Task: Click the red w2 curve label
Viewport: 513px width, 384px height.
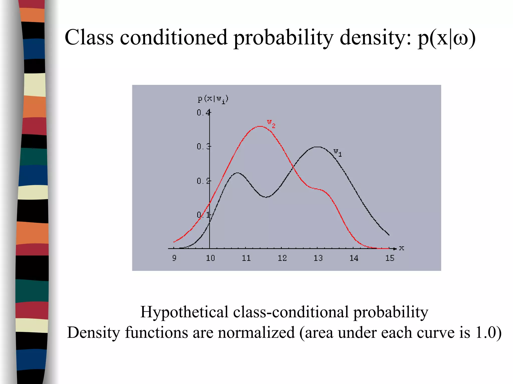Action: (x=271, y=123)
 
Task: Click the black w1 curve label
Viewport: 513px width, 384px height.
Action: (x=337, y=152)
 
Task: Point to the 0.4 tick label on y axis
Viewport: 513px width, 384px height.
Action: (x=203, y=113)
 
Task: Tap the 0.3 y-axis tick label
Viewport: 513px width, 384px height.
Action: (x=203, y=146)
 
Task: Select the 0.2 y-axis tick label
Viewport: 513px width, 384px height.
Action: (x=203, y=181)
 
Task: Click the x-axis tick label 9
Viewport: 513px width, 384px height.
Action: (x=174, y=258)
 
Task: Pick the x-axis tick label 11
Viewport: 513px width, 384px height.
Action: (x=246, y=258)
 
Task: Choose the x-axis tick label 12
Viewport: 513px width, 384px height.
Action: (x=282, y=258)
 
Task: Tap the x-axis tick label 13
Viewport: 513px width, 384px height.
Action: (x=318, y=258)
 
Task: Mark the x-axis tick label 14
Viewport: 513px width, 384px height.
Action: (x=354, y=258)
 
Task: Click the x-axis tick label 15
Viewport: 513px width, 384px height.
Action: (x=390, y=258)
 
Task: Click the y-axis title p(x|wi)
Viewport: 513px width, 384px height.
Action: (x=213, y=99)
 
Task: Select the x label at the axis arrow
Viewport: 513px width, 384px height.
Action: (x=402, y=248)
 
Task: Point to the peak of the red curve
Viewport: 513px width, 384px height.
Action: (x=261, y=126)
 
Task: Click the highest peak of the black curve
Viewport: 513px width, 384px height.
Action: (x=317, y=147)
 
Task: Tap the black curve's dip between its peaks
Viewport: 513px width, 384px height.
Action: (x=266, y=197)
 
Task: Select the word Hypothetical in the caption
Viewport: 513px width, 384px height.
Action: (x=184, y=312)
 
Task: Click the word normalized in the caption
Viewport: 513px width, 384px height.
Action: (x=256, y=333)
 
